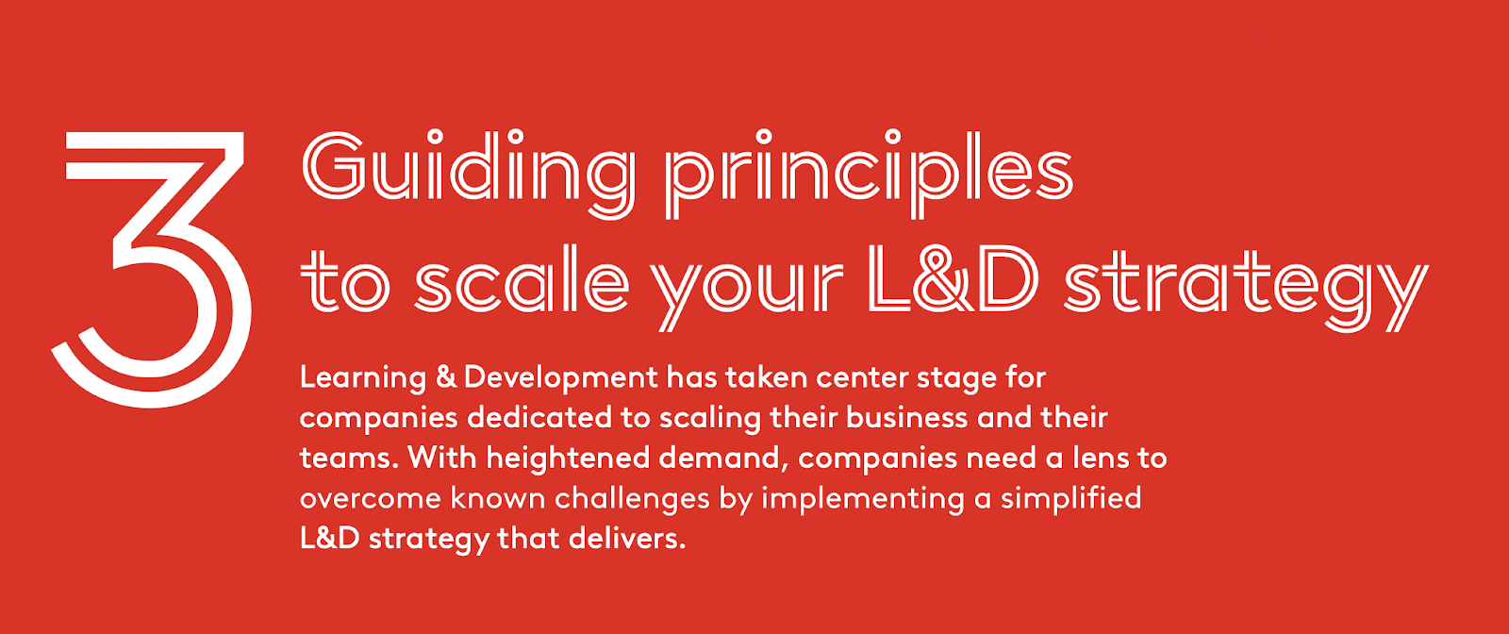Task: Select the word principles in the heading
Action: click(869, 174)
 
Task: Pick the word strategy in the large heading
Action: click(1246, 290)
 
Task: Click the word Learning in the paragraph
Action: click(363, 379)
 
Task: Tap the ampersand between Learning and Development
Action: click(446, 378)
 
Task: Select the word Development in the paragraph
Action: click(560, 379)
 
